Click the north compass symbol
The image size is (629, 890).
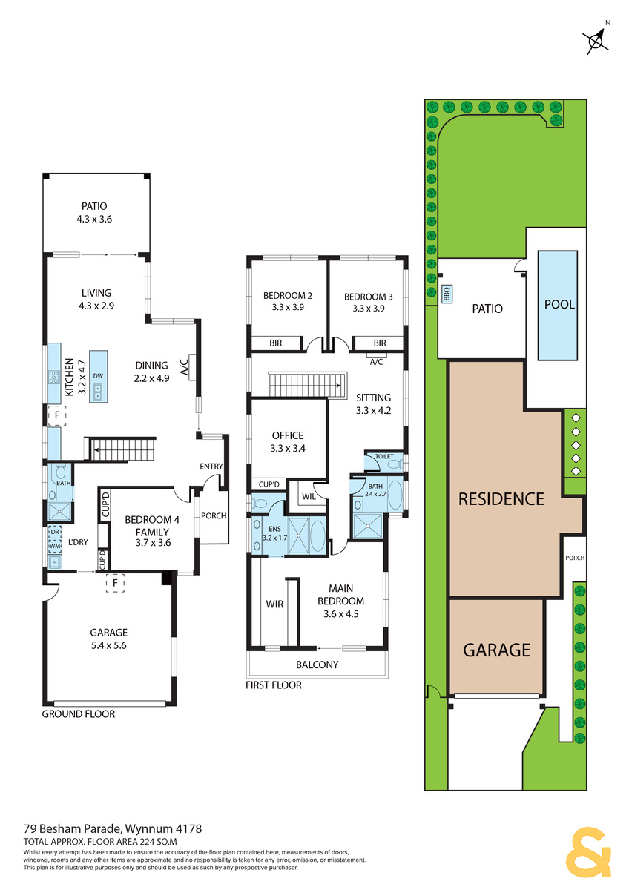[596, 40]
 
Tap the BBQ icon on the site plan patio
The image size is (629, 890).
[447, 294]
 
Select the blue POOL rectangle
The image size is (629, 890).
[557, 305]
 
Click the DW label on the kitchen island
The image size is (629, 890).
[98, 375]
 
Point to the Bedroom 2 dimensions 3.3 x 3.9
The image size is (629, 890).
[288, 307]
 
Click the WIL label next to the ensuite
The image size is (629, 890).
[309, 496]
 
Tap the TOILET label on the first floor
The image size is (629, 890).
[383, 457]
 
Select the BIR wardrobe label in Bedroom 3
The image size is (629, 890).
[380, 343]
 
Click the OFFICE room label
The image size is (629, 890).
[288, 435]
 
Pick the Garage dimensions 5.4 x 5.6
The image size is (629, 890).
[108, 645]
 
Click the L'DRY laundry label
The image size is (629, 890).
[78, 542]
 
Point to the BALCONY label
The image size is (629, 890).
[317, 665]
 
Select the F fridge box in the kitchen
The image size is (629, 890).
[57, 415]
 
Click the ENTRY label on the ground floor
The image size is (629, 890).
[211, 466]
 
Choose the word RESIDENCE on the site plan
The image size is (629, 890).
[501, 499]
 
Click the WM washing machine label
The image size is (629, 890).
[55, 546]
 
